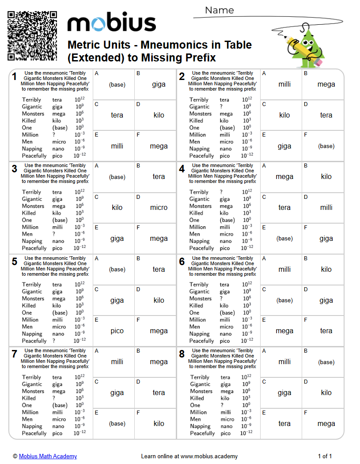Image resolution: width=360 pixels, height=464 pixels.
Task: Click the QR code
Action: pos(32,36)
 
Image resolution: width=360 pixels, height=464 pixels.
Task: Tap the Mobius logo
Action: pos(111,23)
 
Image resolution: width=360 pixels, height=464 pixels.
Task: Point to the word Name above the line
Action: pos(219,10)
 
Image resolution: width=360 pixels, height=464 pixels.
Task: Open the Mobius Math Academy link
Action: pos(48,456)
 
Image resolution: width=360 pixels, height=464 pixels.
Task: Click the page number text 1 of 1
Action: pos(325,456)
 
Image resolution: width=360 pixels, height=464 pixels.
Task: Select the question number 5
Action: pos(15,262)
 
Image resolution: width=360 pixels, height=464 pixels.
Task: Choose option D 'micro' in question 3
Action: pos(159,208)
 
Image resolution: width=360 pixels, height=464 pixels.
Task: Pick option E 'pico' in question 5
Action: pos(117,331)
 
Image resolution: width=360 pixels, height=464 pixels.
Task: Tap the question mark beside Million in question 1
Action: pos(54,135)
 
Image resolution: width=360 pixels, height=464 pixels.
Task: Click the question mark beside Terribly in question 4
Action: pos(221,192)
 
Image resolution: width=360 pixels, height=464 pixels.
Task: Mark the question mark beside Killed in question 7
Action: pos(54,398)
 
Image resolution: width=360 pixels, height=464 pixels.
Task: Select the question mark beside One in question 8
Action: pos(222,405)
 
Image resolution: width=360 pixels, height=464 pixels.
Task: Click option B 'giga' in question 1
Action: pos(159,84)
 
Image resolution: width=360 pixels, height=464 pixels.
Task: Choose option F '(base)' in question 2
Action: pos(326,146)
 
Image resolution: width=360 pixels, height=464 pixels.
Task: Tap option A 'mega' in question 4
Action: pos(284,177)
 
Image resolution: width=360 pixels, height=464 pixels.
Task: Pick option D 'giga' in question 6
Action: pos(326,300)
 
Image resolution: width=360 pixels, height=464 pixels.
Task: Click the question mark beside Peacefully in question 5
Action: pos(53,341)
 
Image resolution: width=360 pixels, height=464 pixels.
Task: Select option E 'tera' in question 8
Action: pos(284,424)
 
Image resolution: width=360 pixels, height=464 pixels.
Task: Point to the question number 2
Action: pos(182,77)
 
